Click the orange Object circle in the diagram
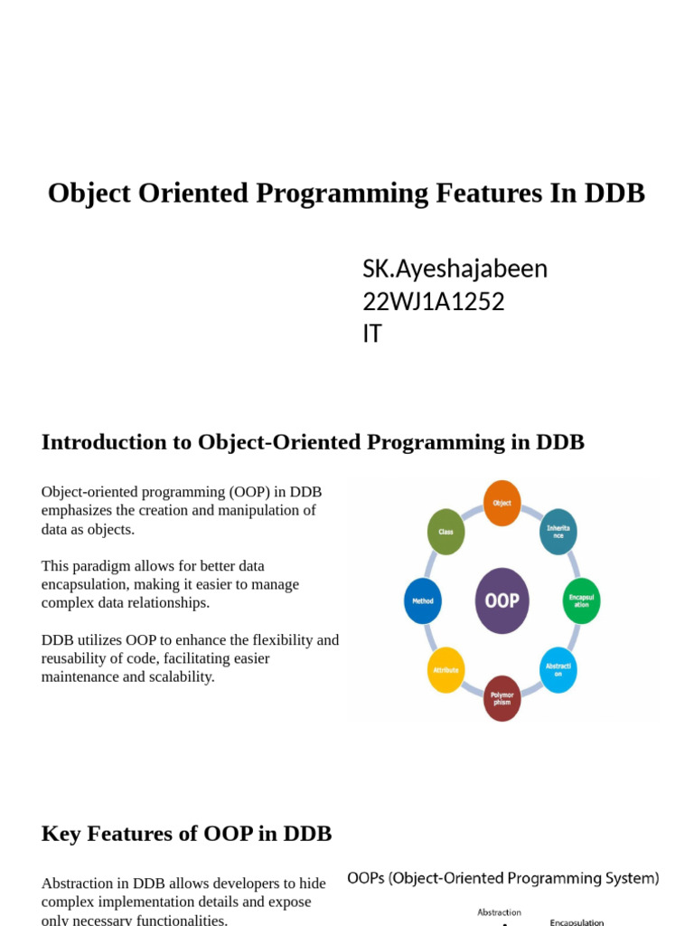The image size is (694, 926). point(502,503)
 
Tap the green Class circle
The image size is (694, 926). point(445,532)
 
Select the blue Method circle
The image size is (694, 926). point(423,600)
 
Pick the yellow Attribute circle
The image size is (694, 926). point(445,670)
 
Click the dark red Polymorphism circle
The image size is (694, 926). point(502,698)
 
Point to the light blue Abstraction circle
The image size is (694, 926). point(558,670)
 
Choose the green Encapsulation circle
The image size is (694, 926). point(581,600)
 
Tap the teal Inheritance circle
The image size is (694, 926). point(558,532)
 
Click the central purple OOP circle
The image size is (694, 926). point(502,600)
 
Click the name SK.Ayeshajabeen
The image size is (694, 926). point(455,269)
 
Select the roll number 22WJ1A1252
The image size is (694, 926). point(433,301)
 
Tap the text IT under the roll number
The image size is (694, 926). point(371,334)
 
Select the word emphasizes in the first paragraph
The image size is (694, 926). point(82,510)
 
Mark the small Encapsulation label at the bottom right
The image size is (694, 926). point(577,921)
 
